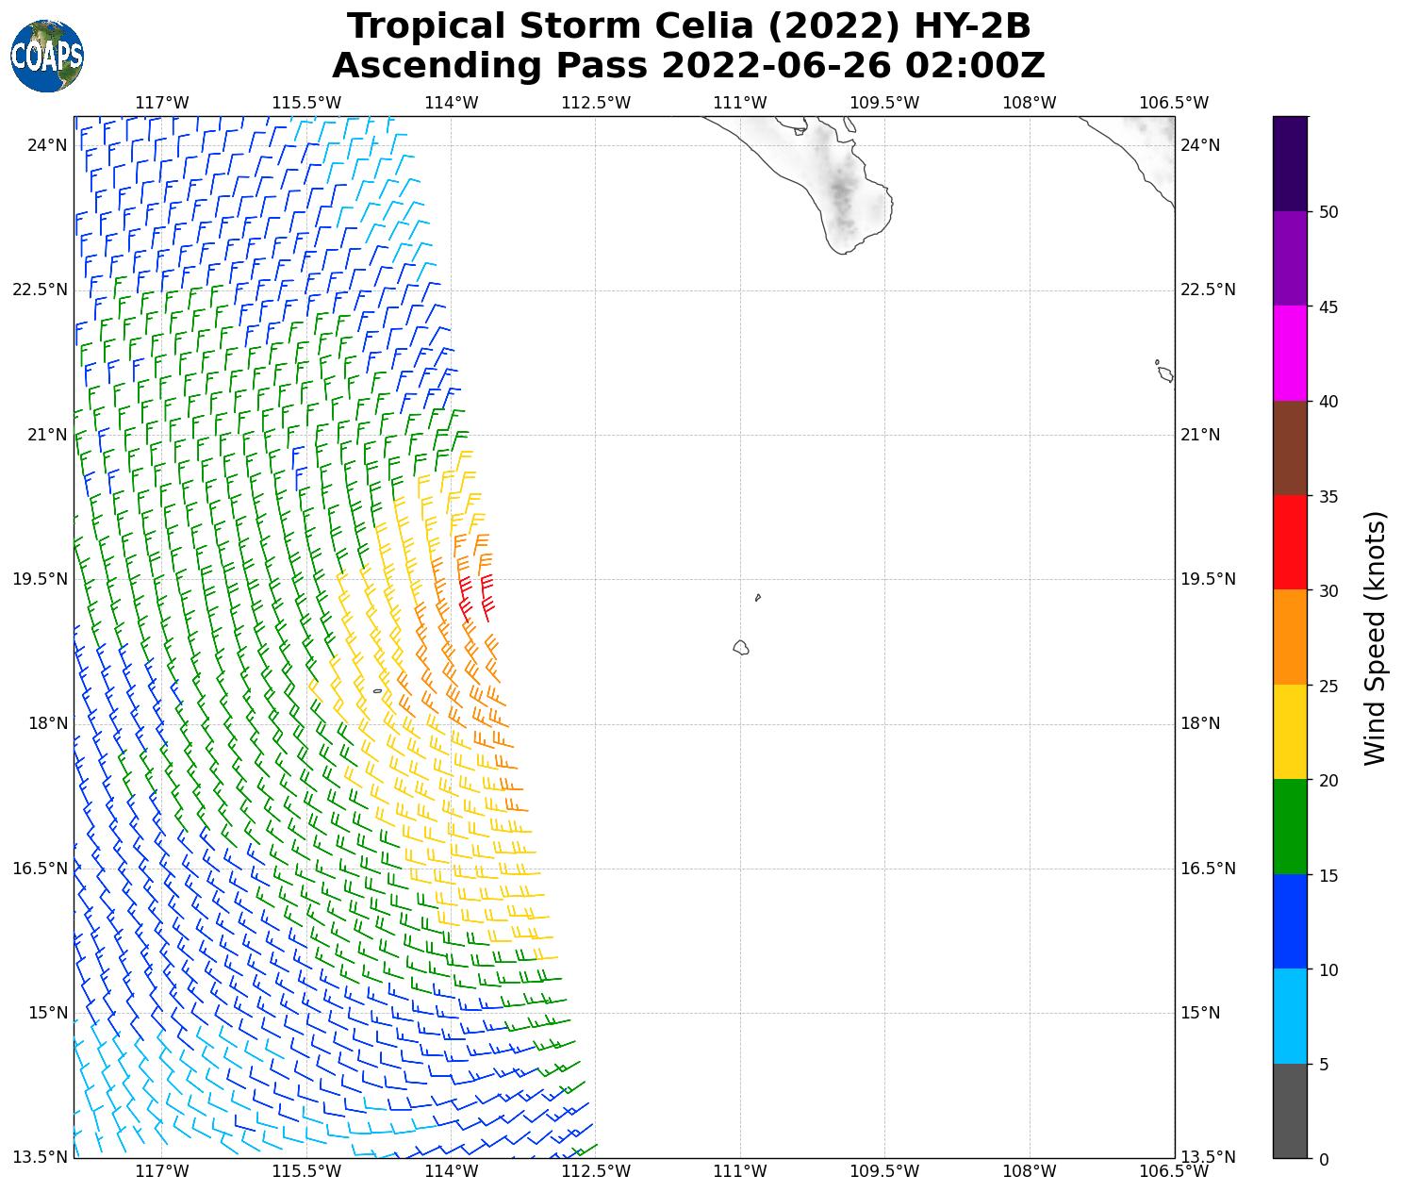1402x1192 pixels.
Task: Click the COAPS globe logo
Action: [47, 57]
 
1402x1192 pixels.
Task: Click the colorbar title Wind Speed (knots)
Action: [1376, 638]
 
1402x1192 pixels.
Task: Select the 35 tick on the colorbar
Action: [1329, 496]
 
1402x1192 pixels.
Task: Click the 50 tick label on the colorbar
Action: [1329, 212]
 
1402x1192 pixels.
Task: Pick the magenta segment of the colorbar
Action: [1290, 353]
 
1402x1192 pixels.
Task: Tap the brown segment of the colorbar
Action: [1290, 448]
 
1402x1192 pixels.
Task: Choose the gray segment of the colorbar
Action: [1290, 1110]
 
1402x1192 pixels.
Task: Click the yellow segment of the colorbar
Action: [1290, 732]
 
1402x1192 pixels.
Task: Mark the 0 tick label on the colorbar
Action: [1324, 1159]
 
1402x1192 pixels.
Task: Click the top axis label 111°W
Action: [740, 102]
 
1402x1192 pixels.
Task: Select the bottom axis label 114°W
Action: [452, 1171]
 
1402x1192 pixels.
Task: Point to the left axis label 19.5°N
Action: [40, 579]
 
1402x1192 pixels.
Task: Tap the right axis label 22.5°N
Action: [1208, 290]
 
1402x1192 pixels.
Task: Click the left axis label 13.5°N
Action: [40, 1157]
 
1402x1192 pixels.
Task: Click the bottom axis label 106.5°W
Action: [1174, 1171]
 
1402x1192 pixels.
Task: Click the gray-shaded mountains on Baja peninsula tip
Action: [842, 193]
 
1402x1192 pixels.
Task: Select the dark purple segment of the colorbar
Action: [1290, 163]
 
